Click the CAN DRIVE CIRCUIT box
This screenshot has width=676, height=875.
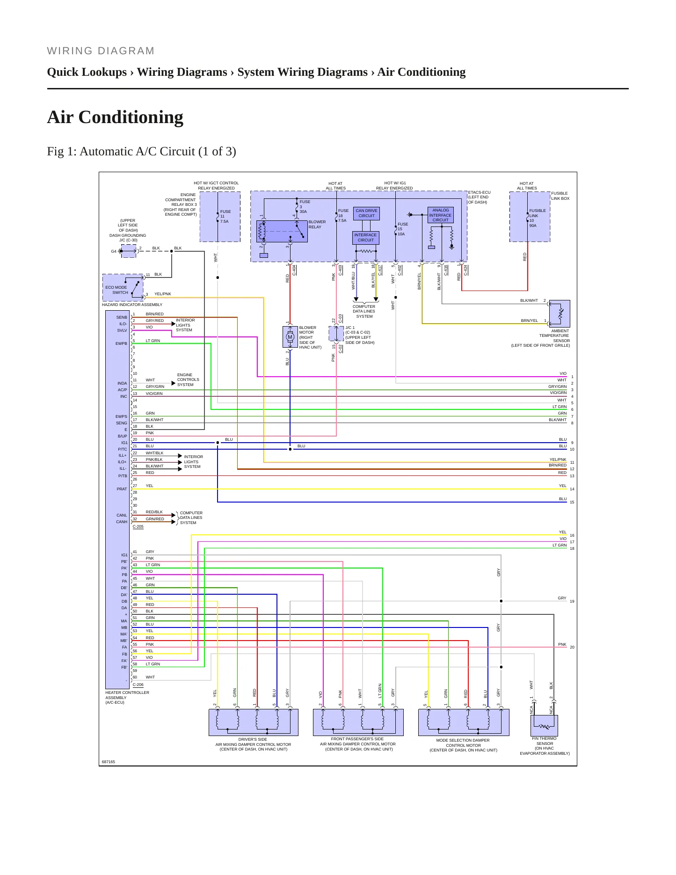tap(366, 213)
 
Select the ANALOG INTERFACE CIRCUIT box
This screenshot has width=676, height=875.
tap(440, 215)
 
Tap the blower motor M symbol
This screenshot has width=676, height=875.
tap(290, 337)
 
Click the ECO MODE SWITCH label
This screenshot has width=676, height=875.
tap(116, 290)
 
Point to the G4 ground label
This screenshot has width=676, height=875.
tap(114, 251)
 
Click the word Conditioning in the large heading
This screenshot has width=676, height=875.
tap(131, 117)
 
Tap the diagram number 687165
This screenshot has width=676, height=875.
tap(109, 762)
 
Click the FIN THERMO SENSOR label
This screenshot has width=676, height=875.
tap(545, 741)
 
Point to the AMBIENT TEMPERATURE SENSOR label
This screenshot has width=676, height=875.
tap(554, 335)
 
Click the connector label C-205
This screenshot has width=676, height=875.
tap(138, 526)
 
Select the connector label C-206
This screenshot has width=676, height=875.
tap(138, 685)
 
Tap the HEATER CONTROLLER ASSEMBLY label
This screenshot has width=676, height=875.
tap(127, 697)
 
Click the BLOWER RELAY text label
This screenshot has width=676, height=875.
tap(317, 225)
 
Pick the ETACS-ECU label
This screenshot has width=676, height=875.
tap(480, 192)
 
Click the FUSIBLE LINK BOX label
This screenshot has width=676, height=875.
tap(560, 196)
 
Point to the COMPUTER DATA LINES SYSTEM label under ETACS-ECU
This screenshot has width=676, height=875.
tap(364, 312)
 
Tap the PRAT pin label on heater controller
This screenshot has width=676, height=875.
tap(122, 489)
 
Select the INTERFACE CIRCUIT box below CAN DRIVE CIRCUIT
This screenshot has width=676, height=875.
tap(366, 238)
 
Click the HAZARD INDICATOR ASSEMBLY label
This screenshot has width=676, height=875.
tap(132, 305)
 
